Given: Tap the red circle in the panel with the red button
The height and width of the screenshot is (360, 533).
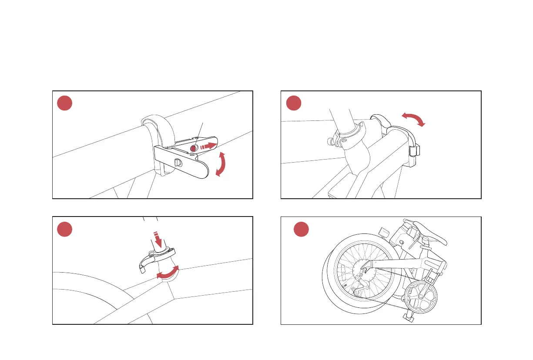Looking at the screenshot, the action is click(64, 103).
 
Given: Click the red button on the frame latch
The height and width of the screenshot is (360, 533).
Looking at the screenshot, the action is click(193, 148).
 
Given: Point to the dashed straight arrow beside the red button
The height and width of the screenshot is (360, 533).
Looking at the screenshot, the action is click(208, 146).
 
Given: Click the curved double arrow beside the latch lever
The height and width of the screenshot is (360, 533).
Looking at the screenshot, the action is click(222, 164).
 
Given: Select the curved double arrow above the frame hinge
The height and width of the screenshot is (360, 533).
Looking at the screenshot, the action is click(412, 119).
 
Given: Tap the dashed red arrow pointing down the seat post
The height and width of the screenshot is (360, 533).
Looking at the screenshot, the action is click(154, 239).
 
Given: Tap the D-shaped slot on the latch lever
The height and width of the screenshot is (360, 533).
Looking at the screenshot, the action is click(178, 162).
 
